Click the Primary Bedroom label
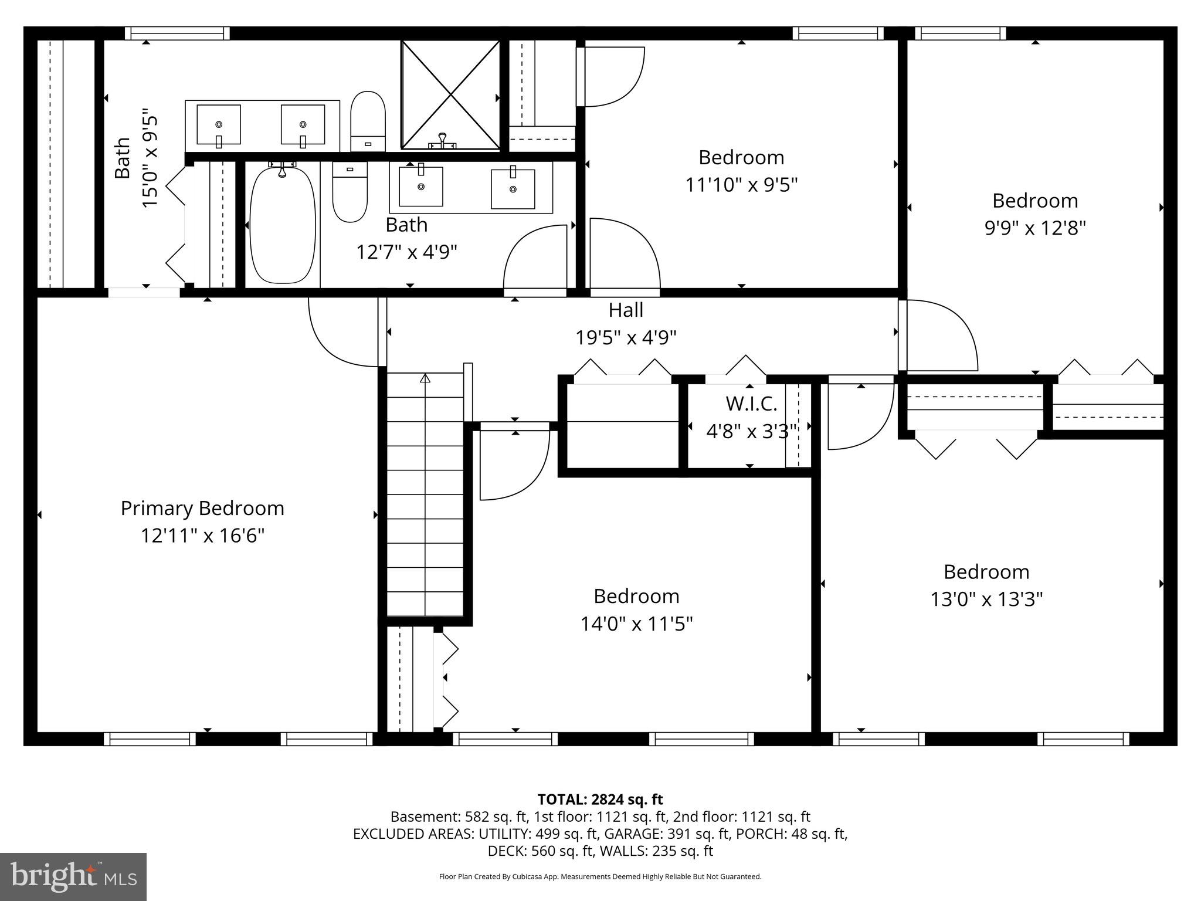point(202,509)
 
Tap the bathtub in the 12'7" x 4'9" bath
point(283,226)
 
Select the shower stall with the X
point(450,94)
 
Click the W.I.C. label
point(751,404)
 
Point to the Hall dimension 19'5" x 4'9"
point(626,337)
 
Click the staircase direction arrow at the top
point(425,378)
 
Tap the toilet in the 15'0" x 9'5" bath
point(368,121)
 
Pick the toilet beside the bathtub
point(350,192)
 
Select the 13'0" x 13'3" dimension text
point(986,599)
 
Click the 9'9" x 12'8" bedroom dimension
point(1035,228)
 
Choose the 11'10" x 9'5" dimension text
point(741,185)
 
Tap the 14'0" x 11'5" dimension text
point(636,624)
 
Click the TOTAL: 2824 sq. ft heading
point(600,799)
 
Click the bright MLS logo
point(73,877)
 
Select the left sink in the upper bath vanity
point(219,124)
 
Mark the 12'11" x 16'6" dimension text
point(202,536)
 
